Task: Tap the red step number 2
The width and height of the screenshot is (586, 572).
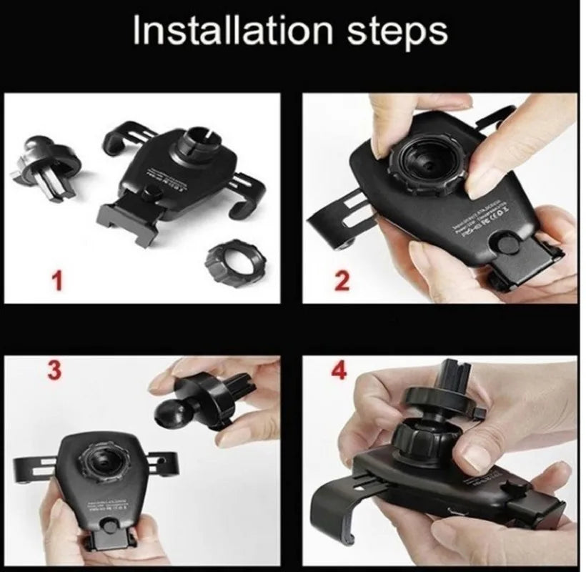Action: [342, 281]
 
